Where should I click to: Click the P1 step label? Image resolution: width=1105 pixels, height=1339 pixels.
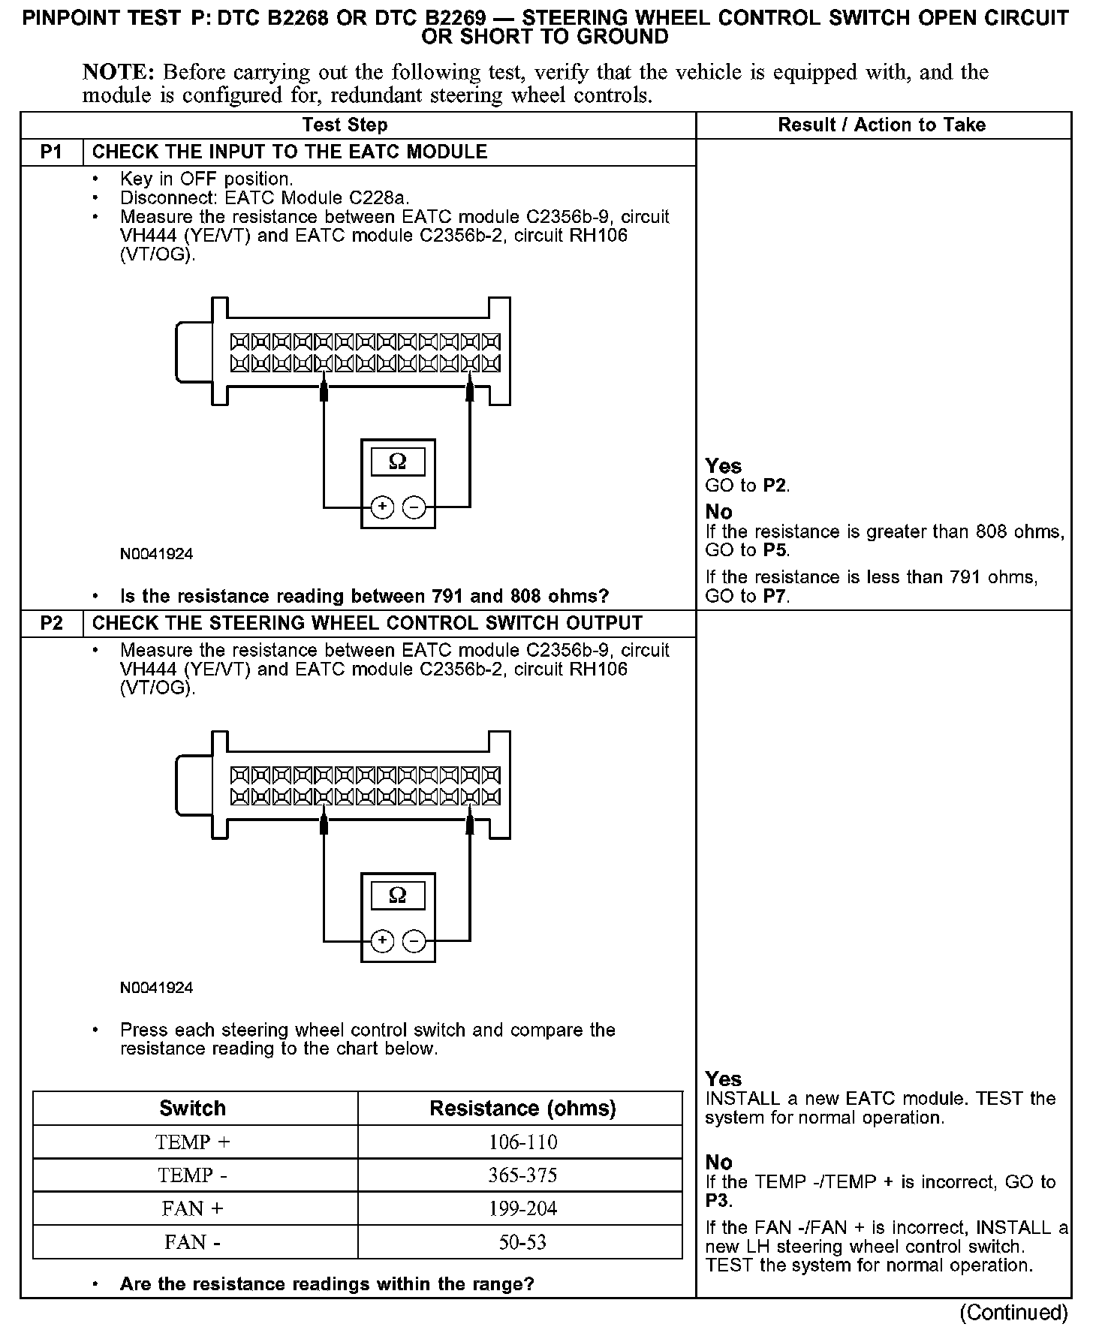tap(51, 152)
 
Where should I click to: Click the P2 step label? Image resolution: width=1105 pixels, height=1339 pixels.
tap(51, 624)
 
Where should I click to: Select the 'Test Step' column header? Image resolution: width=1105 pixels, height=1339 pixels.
tap(345, 125)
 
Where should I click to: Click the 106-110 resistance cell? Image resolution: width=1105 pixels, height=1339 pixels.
tap(522, 1142)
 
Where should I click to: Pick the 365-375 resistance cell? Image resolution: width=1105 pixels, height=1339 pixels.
tap(522, 1175)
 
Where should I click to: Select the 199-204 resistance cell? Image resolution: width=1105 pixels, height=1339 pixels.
tap(522, 1209)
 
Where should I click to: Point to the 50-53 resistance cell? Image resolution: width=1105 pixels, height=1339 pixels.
tap(522, 1242)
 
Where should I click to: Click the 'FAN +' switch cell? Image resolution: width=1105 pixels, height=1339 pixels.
tap(193, 1209)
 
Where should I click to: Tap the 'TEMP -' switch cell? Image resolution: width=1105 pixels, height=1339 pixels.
tap(193, 1175)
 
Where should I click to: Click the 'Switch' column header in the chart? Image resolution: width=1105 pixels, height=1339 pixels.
tap(192, 1109)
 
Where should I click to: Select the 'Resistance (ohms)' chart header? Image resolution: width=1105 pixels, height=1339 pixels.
tap(522, 1109)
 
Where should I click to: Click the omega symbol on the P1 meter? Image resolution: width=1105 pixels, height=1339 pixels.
tap(398, 462)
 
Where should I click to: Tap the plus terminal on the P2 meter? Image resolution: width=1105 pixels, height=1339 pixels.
tap(382, 941)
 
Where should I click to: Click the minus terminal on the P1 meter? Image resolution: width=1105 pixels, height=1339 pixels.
tap(414, 508)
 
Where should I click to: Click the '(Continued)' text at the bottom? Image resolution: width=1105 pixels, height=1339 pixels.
tap(1013, 1313)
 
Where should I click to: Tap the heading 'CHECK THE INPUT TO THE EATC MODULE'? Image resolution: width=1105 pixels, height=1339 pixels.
tap(290, 152)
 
